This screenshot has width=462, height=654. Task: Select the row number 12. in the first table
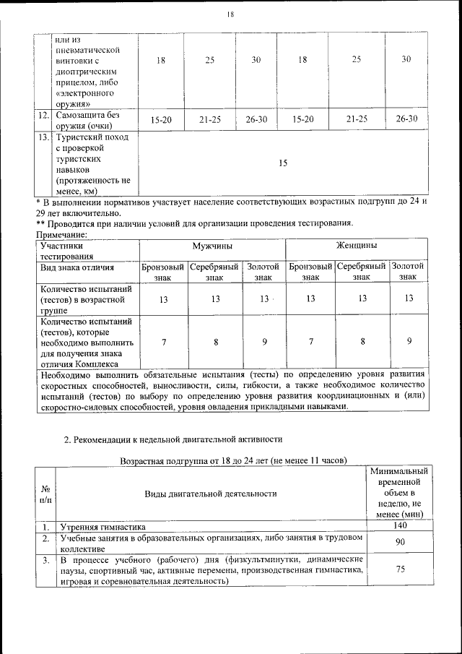coord(43,116)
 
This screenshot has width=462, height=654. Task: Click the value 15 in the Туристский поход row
coord(283,163)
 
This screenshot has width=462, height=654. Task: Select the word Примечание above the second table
coord(61,234)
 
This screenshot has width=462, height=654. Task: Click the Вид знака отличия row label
coord(77,267)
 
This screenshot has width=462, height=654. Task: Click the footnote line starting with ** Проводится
coord(193,223)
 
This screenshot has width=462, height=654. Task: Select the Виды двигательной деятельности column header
coord(211,494)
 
